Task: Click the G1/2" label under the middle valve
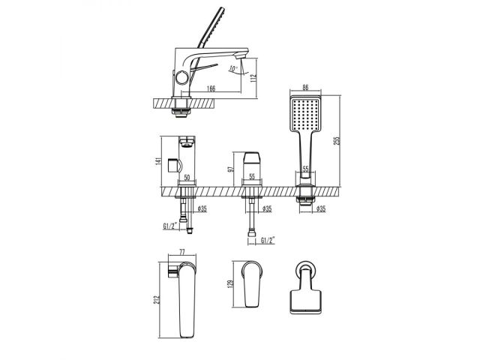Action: pyautogui.click(x=266, y=239)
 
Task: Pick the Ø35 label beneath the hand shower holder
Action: pyautogui.click(x=320, y=209)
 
